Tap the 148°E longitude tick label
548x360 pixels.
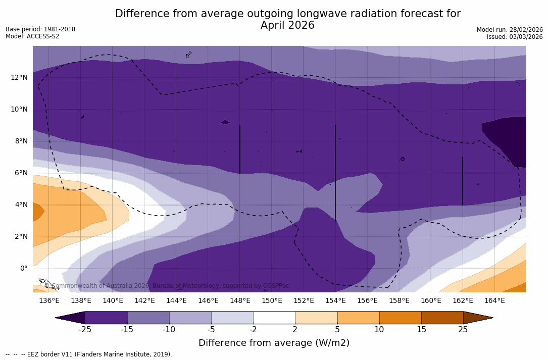pyautogui.click(x=240, y=301)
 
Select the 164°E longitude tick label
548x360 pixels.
pyautogui.click(x=494, y=301)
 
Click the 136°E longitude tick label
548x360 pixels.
pyautogui.click(x=49, y=301)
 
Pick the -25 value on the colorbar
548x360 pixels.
pyautogui.click(x=85, y=330)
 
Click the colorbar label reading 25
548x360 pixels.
pyautogui.click(x=463, y=330)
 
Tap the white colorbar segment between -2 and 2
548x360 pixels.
pyautogui.click(x=274, y=318)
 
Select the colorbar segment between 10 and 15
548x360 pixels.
pyautogui.click(x=400, y=318)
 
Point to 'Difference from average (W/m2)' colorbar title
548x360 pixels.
pyautogui.click(x=274, y=343)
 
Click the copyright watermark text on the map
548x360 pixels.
pyautogui.click(x=167, y=286)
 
